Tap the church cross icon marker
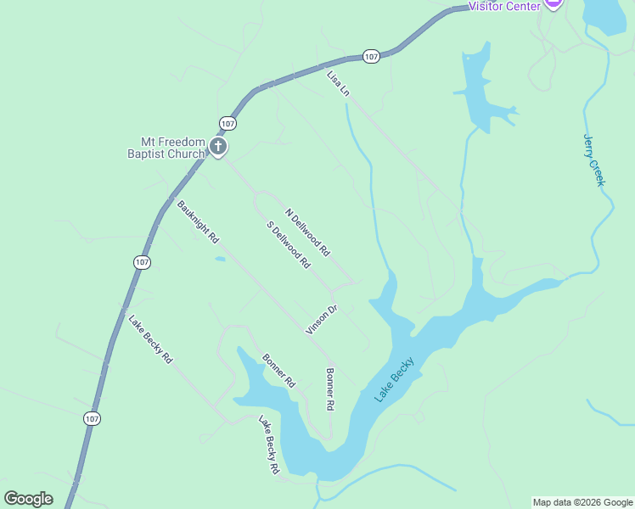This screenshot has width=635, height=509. (x=218, y=148)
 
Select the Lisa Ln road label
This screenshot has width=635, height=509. (x=338, y=83)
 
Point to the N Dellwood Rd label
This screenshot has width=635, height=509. (x=306, y=232)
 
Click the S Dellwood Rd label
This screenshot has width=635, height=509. (x=288, y=245)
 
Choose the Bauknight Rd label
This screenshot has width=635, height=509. (x=198, y=221)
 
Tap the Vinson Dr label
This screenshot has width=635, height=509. (x=322, y=319)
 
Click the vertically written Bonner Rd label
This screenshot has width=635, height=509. (x=330, y=389)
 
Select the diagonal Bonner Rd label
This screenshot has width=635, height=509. (x=278, y=371)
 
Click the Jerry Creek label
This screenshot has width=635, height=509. (x=594, y=159)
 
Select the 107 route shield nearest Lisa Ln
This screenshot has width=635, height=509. (x=371, y=56)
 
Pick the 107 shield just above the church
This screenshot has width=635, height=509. (x=227, y=123)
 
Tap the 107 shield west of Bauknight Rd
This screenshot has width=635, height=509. (x=142, y=262)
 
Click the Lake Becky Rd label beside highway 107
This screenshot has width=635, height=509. (x=150, y=339)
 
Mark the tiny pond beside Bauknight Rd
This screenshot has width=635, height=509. (x=220, y=259)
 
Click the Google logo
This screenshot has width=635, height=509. (x=28, y=499)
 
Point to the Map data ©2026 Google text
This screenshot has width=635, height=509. (x=582, y=502)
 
